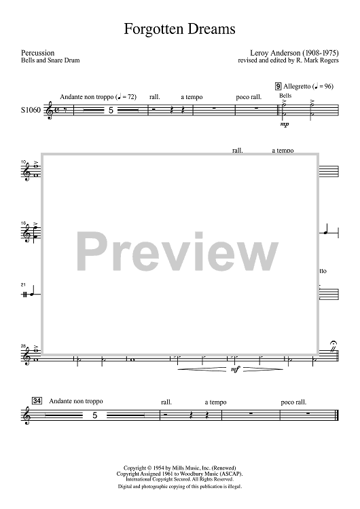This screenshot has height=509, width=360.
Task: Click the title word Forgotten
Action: click(151, 29)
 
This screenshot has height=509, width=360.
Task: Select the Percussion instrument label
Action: click(37, 53)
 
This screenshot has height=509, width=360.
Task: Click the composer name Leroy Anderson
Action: click(276, 53)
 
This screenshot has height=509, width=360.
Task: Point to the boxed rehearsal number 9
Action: click(278, 86)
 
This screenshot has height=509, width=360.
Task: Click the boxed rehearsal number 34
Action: click(37, 401)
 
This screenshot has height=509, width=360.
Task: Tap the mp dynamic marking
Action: click(285, 124)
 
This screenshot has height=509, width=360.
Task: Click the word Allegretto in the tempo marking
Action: click(297, 86)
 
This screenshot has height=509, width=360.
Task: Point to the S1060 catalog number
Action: click(31, 110)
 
